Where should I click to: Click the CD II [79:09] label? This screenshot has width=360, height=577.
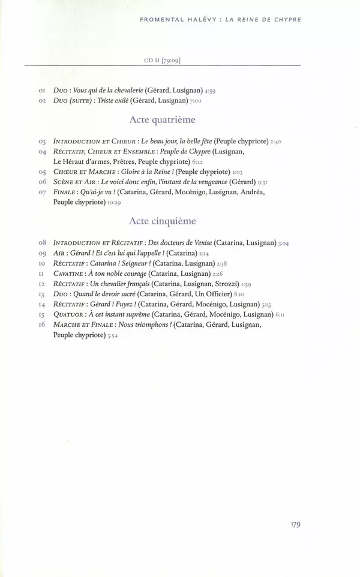click(163, 60)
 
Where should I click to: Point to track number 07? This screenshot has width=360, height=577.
click(43, 192)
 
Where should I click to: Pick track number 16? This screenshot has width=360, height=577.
click(43, 324)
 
